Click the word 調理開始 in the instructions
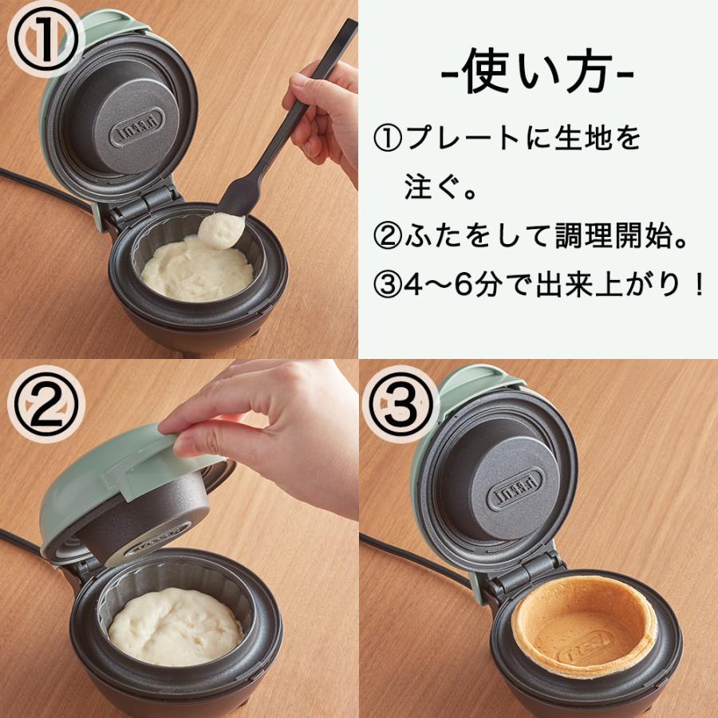point(603,237)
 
